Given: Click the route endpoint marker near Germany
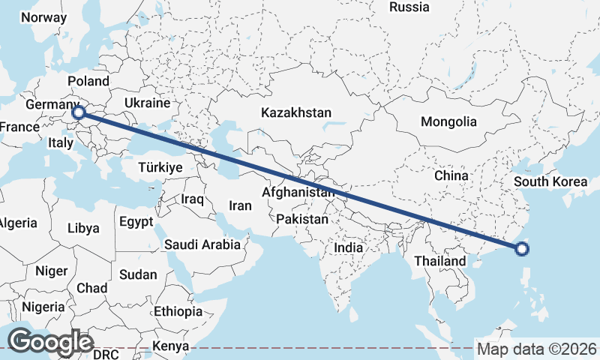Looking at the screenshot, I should tap(79, 113).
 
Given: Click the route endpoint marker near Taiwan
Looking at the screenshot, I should tap(523, 250).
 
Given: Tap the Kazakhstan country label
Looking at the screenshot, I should tap(296, 112).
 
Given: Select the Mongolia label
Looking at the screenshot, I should tap(448, 121).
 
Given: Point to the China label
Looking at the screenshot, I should tap(451, 175).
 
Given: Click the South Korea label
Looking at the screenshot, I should tap(550, 181).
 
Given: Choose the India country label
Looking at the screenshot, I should tap(348, 247).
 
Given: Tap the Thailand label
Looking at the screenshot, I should tap(440, 261).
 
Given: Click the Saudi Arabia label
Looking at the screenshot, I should tap(202, 244).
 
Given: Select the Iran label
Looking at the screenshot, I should tap(240, 205).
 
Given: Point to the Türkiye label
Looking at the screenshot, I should tap(159, 168).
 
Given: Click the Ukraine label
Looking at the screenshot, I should tap(147, 103).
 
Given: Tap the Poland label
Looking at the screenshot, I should tap(88, 81).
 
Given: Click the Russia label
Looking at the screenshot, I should tap(409, 7).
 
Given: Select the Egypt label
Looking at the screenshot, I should tap(136, 222).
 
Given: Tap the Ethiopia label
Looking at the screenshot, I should tap(178, 310).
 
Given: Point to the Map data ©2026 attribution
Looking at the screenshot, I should tap(536, 349).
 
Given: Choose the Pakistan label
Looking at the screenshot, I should tap(302, 220).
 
